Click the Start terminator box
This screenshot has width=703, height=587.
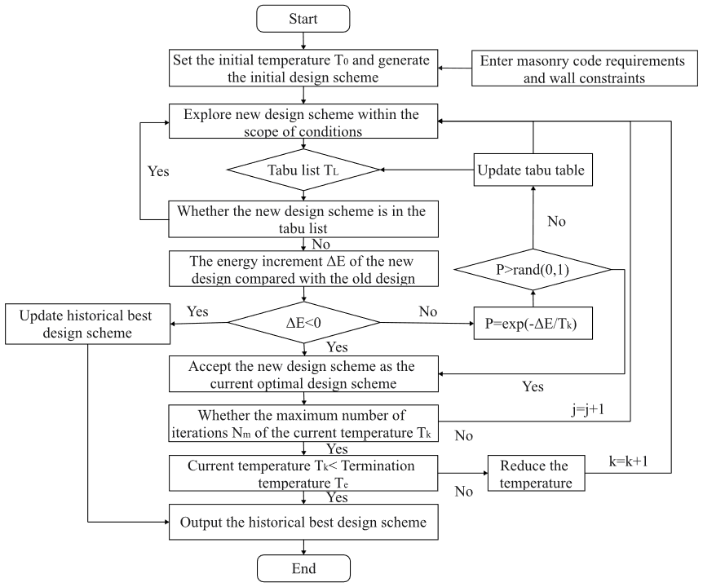click(303, 19)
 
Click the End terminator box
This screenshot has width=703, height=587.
click(303, 568)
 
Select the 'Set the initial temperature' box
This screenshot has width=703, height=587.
click(303, 68)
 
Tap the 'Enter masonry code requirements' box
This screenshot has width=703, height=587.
click(582, 69)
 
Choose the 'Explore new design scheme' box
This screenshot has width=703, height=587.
click(303, 122)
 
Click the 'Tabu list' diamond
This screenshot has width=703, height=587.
click(303, 170)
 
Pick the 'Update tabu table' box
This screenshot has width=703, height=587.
click(531, 171)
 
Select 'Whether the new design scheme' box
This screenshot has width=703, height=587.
click(303, 220)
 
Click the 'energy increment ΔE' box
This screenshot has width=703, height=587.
click(303, 270)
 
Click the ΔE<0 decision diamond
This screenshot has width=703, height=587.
click(303, 323)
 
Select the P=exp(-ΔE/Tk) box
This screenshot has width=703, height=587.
click(532, 323)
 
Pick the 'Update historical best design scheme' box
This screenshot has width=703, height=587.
click(86, 324)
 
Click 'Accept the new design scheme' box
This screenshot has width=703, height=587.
click(303, 375)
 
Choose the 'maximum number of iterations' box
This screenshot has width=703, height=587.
click(303, 424)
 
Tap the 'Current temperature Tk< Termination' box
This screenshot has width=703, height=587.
click(303, 474)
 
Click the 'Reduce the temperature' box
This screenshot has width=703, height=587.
click(535, 474)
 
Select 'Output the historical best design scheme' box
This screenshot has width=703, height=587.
click(303, 523)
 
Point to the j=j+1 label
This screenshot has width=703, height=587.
click(588, 410)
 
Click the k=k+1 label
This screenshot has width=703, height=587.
click(629, 461)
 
